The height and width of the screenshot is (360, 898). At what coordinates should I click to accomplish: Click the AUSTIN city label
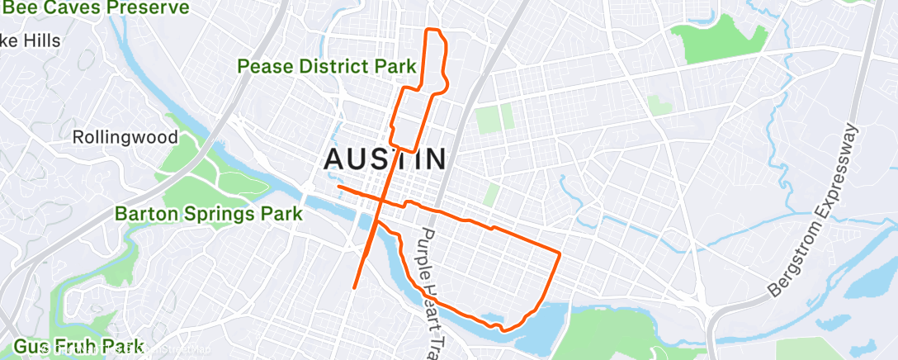[385, 159]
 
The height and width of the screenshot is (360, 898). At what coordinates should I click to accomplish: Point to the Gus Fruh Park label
[78, 346]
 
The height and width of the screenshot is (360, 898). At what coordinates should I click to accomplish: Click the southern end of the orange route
[353, 288]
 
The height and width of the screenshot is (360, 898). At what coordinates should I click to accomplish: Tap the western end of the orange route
[339, 187]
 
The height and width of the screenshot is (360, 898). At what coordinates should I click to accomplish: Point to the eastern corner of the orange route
[560, 253]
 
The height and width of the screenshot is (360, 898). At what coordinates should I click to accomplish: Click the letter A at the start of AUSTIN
[336, 159]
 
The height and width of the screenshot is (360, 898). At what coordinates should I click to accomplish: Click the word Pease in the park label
[262, 66]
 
